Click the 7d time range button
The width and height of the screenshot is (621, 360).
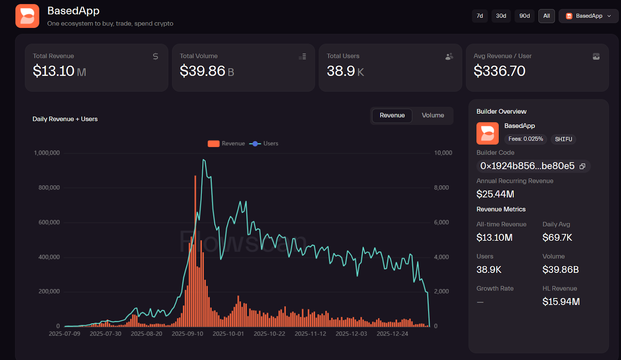[x=480, y=16]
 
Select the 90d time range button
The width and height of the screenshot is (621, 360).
[x=524, y=16]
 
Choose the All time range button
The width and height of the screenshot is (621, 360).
[x=546, y=16]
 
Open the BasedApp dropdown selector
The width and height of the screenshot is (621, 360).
[x=588, y=16]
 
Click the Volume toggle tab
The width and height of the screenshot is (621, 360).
[x=432, y=115]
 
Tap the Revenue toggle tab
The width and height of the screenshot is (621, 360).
[x=392, y=115]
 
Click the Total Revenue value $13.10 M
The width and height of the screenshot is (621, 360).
[x=59, y=71]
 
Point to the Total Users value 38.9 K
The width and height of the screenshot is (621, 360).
[x=345, y=71]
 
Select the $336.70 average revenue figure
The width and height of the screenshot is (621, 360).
[x=499, y=71]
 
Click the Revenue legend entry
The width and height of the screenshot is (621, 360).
[x=227, y=144]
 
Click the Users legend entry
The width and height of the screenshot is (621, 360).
[x=264, y=144]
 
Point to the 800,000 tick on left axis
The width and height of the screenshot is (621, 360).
[x=49, y=188]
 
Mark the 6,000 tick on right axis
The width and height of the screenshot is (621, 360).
[x=441, y=222]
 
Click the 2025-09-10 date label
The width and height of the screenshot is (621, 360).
[x=187, y=334]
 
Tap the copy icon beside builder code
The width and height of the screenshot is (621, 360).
[x=582, y=166]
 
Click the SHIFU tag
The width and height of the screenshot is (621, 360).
[x=563, y=139]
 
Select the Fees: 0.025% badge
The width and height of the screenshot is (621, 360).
[x=526, y=139]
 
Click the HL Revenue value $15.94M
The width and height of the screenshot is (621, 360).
[x=561, y=302]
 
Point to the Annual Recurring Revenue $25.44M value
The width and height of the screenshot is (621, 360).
[x=495, y=194]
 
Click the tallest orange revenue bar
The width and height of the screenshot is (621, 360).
[x=195, y=252]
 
